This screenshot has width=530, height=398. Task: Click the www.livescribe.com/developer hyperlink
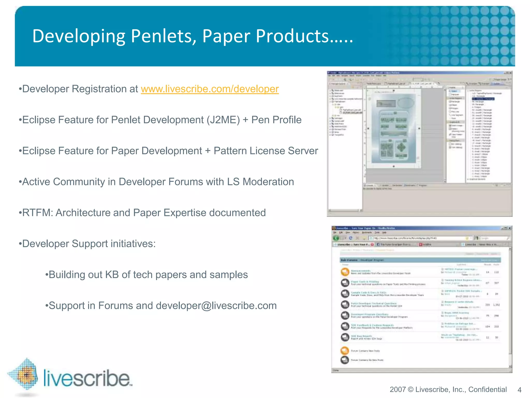pos(210,89)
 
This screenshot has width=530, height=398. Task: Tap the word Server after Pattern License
pos(303,151)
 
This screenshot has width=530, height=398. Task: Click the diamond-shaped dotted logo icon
pos(25,374)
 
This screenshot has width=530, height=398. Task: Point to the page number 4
pos(519,390)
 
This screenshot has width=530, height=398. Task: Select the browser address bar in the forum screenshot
pos(417,238)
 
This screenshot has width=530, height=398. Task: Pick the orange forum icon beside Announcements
pos(345,272)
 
